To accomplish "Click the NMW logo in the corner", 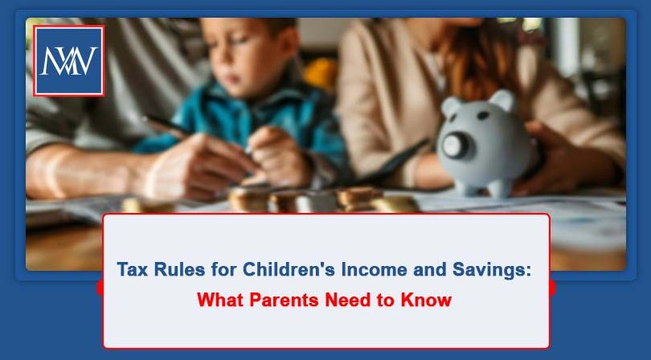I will pyautogui.click(x=68, y=61).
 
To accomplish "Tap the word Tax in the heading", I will pyautogui.click(x=133, y=270).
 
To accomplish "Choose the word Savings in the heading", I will pyautogui.click(x=489, y=270).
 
